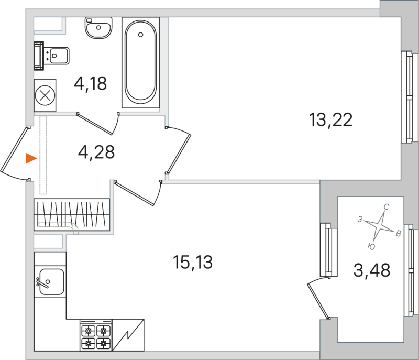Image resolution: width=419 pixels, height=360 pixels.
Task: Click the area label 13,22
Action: [x=330, y=120]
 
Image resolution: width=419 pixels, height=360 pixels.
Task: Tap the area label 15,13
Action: [x=193, y=261]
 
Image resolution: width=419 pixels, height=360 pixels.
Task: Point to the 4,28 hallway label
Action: [x=96, y=152]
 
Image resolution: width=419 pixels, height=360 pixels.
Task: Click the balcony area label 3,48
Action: [x=372, y=270]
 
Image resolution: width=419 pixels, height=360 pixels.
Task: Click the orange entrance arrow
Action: [x=31, y=158]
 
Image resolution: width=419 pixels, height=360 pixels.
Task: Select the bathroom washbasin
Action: [x=98, y=28]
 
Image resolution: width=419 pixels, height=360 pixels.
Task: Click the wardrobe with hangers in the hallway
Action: [x=72, y=214]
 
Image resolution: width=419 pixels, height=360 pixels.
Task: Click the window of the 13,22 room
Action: [x=407, y=97]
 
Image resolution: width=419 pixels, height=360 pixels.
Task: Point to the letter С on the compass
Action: [x=386, y=206]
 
